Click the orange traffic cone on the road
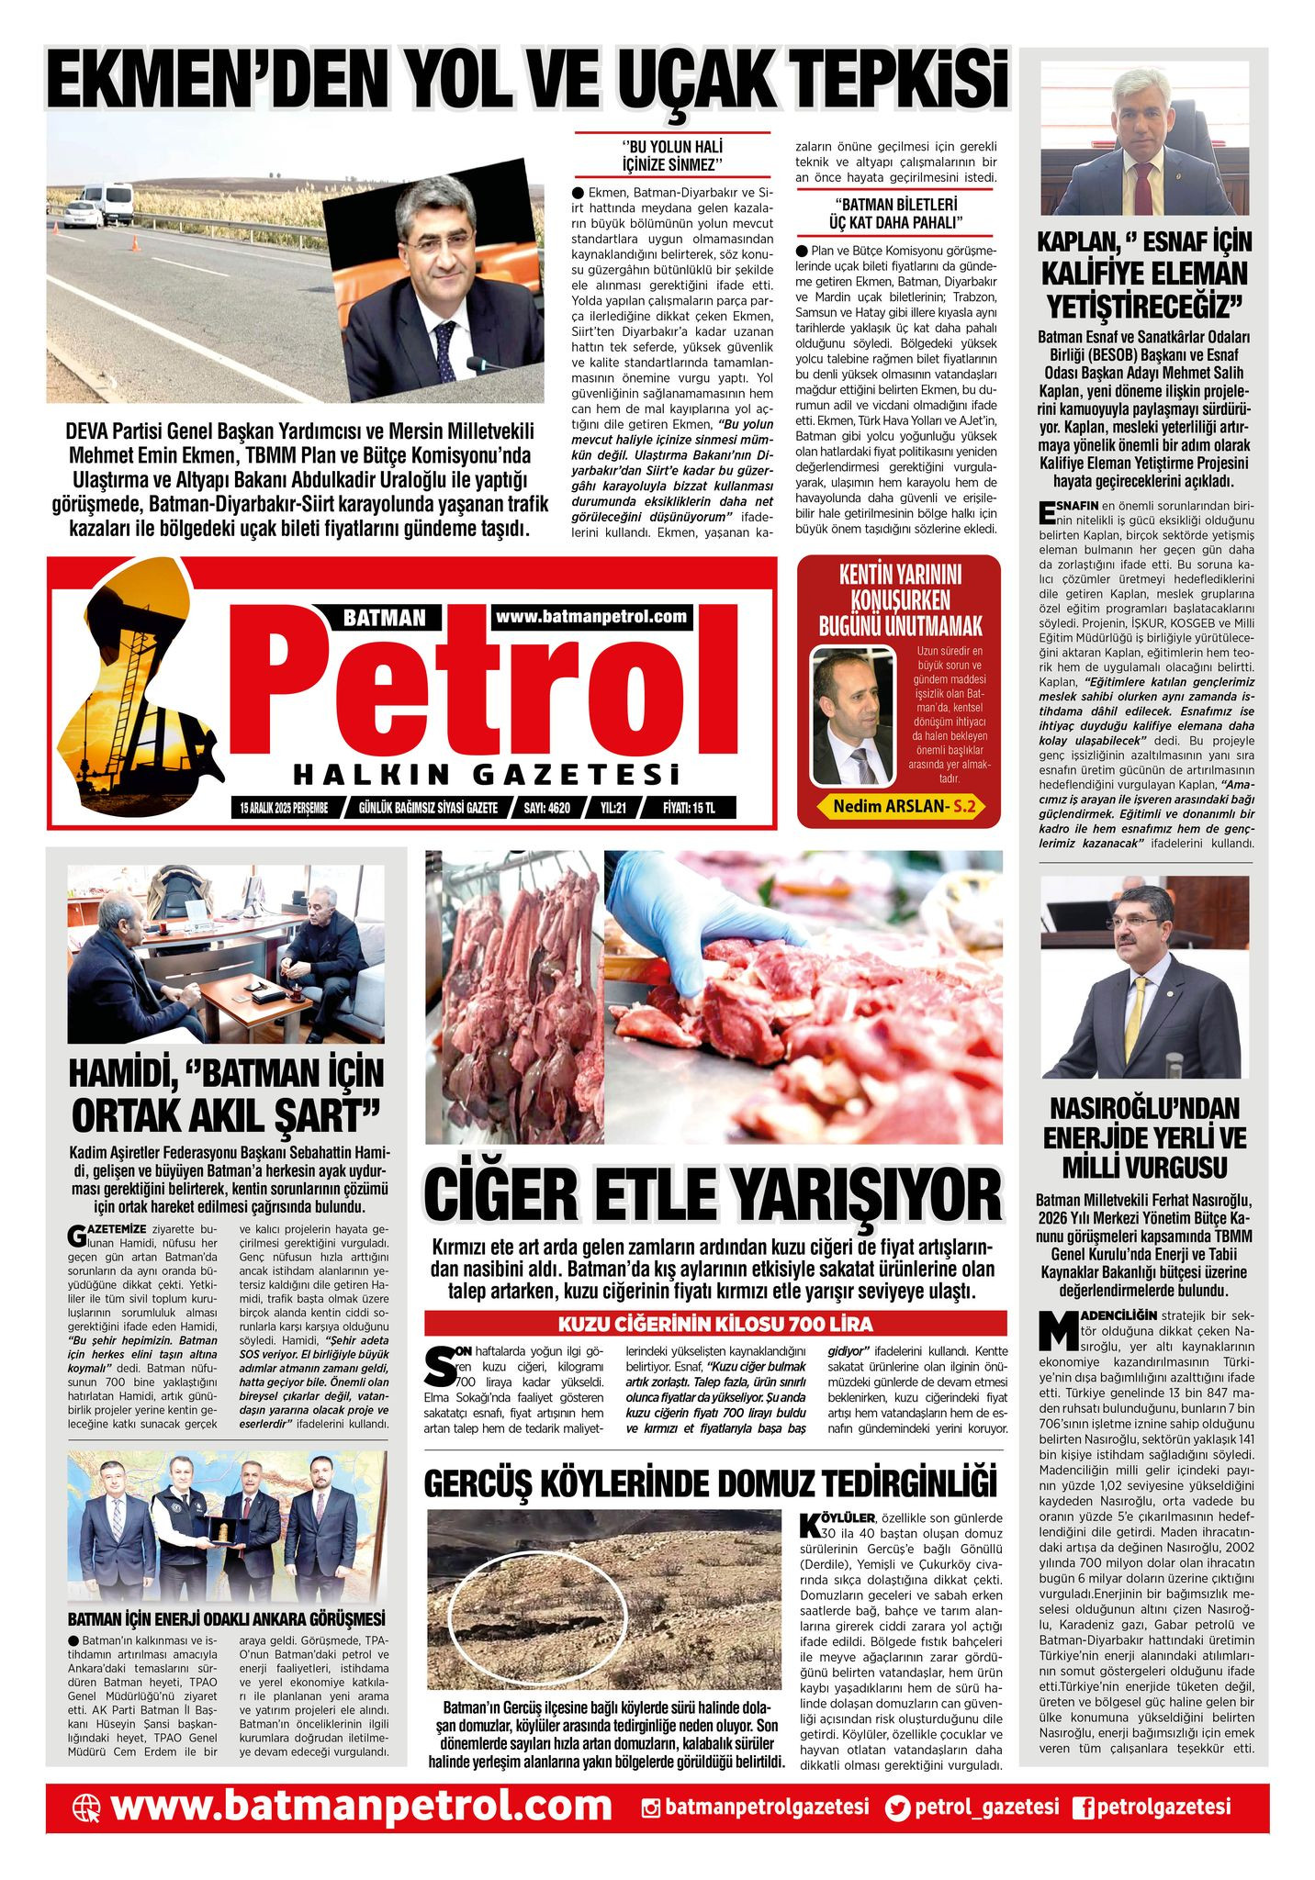[134, 243]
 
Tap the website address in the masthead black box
[591, 617]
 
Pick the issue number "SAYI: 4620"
[546, 808]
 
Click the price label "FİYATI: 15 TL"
[688, 808]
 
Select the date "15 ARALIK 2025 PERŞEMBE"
[284, 808]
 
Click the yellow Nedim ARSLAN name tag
[899, 806]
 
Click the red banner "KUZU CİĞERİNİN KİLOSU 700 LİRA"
[715, 1324]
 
